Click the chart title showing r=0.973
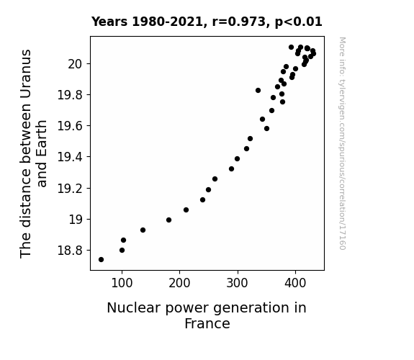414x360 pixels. click(x=207, y=22)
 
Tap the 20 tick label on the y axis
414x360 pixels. click(x=76, y=64)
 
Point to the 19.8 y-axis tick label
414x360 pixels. click(x=70, y=95)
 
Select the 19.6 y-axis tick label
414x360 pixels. click(x=70, y=126)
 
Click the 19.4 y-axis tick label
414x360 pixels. click(x=70, y=157)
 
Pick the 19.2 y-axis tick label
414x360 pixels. click(x=70, y=189)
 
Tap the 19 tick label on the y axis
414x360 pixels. click(x=76, y=220)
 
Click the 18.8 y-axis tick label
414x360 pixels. click(x=70, y=251)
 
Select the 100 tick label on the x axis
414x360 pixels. click(x=122, y=283)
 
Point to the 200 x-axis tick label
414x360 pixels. click(x=179, y=283)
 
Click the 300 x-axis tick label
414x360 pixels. click(x=238, y=283)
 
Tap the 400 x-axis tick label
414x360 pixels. click(x=295, y=283)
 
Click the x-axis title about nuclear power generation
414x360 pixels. click(x=207, y=315)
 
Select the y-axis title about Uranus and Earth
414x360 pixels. click(x=33, y=153)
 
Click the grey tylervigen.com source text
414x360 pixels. click(x=342, y=143)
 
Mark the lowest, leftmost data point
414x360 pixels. click(x=101, y=260)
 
